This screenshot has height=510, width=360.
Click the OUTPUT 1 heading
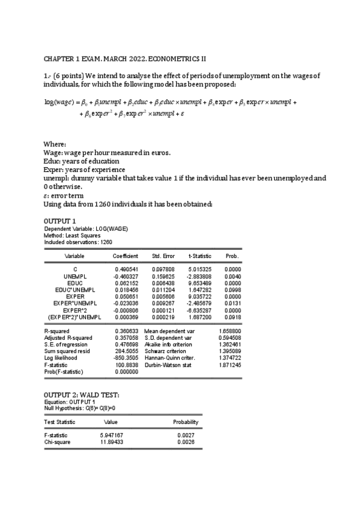[60, 221]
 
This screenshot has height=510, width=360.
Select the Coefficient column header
[126, 256]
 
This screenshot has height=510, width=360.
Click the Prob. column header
[232, 256]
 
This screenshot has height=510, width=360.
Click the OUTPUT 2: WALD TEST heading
[82, 395]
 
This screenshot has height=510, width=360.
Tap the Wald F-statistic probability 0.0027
[188, 435]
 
